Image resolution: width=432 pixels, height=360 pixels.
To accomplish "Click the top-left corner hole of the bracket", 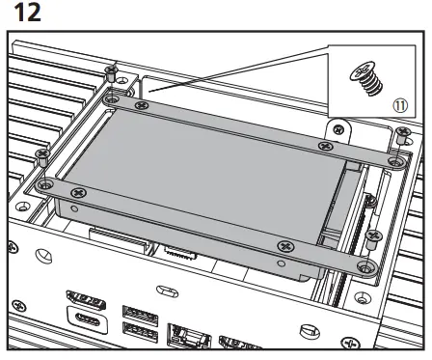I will (113, 97).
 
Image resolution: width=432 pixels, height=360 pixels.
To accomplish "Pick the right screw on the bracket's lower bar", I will (283, 246).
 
